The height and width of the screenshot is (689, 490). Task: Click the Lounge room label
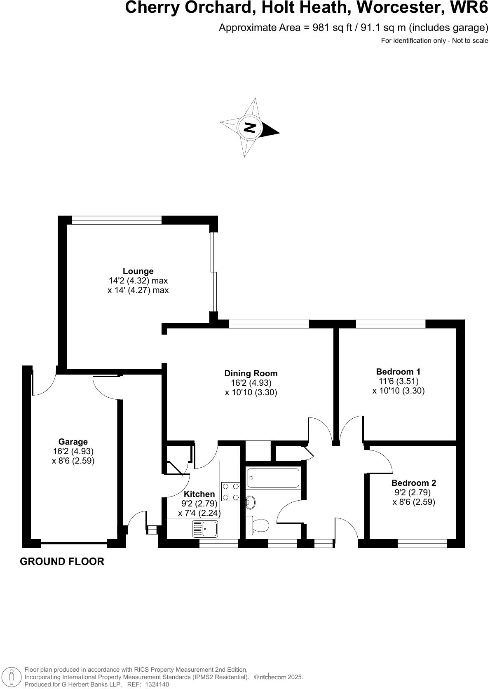[138, 271]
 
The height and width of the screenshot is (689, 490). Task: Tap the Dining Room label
[251, 373]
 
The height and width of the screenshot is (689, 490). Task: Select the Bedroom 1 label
[398, 371]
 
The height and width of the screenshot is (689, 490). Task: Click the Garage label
[73, 442]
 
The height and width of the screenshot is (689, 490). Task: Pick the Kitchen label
[199, 494]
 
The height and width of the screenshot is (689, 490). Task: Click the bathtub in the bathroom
[273, 478]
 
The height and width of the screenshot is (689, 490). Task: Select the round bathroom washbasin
[251, 502]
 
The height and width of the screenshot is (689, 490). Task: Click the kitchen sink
[205, 529]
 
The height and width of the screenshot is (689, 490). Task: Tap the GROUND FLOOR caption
[62, 561]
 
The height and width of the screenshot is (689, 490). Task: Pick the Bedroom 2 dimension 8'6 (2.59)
[414, 502]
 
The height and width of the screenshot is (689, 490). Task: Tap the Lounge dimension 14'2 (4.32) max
[138, 281]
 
